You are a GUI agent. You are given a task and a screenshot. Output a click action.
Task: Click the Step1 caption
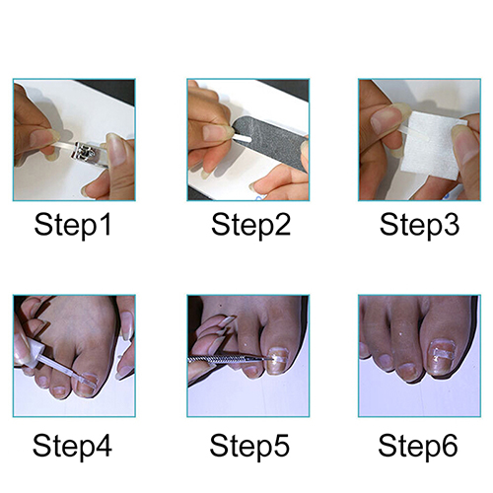[x=73, y=225]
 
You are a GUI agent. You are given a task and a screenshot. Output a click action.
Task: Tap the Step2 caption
[x=250, y=225]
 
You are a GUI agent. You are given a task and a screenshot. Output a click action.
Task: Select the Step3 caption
[x=419, y=225]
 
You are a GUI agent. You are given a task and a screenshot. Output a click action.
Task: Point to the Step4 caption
[x=72, y=446]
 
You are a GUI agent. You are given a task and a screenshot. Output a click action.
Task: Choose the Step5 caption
[x=249, y=446]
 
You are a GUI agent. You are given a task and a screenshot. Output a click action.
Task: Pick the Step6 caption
[x=418, y=446]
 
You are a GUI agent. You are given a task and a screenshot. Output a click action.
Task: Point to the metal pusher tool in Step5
[x=230, y=359]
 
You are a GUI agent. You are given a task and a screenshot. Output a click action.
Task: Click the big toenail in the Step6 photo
[x=443, y=357]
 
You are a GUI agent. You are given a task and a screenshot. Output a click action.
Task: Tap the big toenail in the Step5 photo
[x=277, y=361]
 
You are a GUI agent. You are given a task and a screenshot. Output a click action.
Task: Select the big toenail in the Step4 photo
[x=86, y=384]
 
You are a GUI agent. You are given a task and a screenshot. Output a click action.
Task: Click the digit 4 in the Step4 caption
[x=105, y=445]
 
